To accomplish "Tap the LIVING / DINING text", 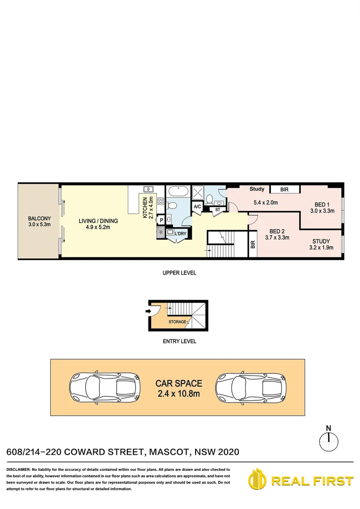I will [98, 221].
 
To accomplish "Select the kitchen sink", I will [148, 189].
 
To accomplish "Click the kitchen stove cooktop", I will [160, 202].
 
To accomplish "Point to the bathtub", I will [179, 192].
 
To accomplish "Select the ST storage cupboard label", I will [218, 209].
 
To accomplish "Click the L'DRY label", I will [180, 234].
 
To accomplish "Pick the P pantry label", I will [161, 220].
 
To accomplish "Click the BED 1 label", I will [322, 205].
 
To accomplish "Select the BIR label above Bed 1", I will [284, 189].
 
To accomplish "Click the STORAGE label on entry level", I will [177, 322].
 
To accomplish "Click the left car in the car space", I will [105, 388].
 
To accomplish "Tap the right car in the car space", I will [251, 388].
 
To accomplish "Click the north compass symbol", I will [328, 441].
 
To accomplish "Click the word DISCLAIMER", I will [18, 470].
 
